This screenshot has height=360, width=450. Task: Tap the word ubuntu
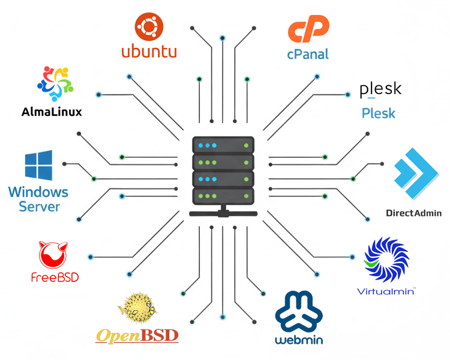coord(149,51)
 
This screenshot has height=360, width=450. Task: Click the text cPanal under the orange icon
coord(308,54)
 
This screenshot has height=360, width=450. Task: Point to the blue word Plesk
coord(379,113)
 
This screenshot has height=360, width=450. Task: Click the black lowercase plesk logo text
coord(380,90)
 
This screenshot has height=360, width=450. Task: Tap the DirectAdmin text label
coord(413,213)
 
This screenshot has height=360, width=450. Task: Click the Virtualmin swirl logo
coord(386,260)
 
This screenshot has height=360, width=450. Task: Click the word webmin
coord(299,340)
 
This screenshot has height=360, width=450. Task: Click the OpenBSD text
coord(137,335)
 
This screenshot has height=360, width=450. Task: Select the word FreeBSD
coord(55,278)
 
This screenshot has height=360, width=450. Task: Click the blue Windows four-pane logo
coord(38,167)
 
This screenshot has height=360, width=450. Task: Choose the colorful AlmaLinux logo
coord(55,84)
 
